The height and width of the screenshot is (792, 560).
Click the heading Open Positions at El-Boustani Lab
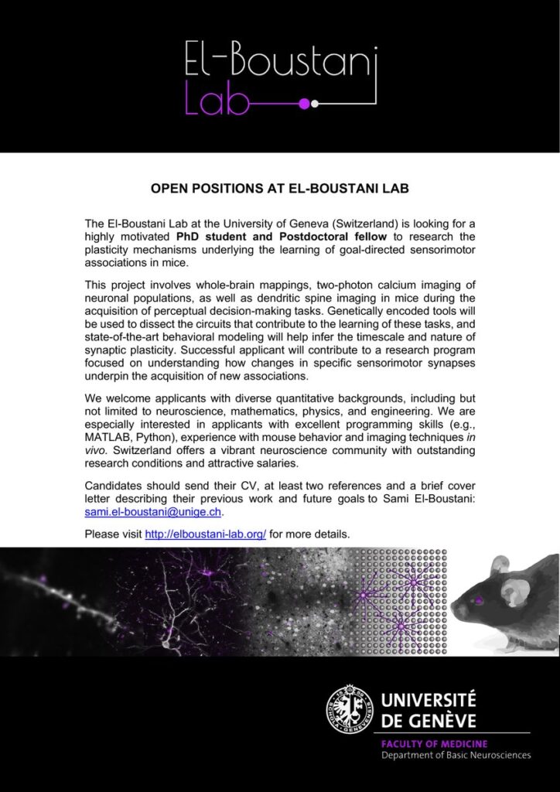279,188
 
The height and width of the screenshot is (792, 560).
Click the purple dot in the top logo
304,103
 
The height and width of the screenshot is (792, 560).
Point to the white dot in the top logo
315,103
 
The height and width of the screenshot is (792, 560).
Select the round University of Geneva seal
348,709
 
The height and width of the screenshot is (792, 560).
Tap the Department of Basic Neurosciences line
456,756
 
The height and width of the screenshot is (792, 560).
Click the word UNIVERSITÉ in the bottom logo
429,701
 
